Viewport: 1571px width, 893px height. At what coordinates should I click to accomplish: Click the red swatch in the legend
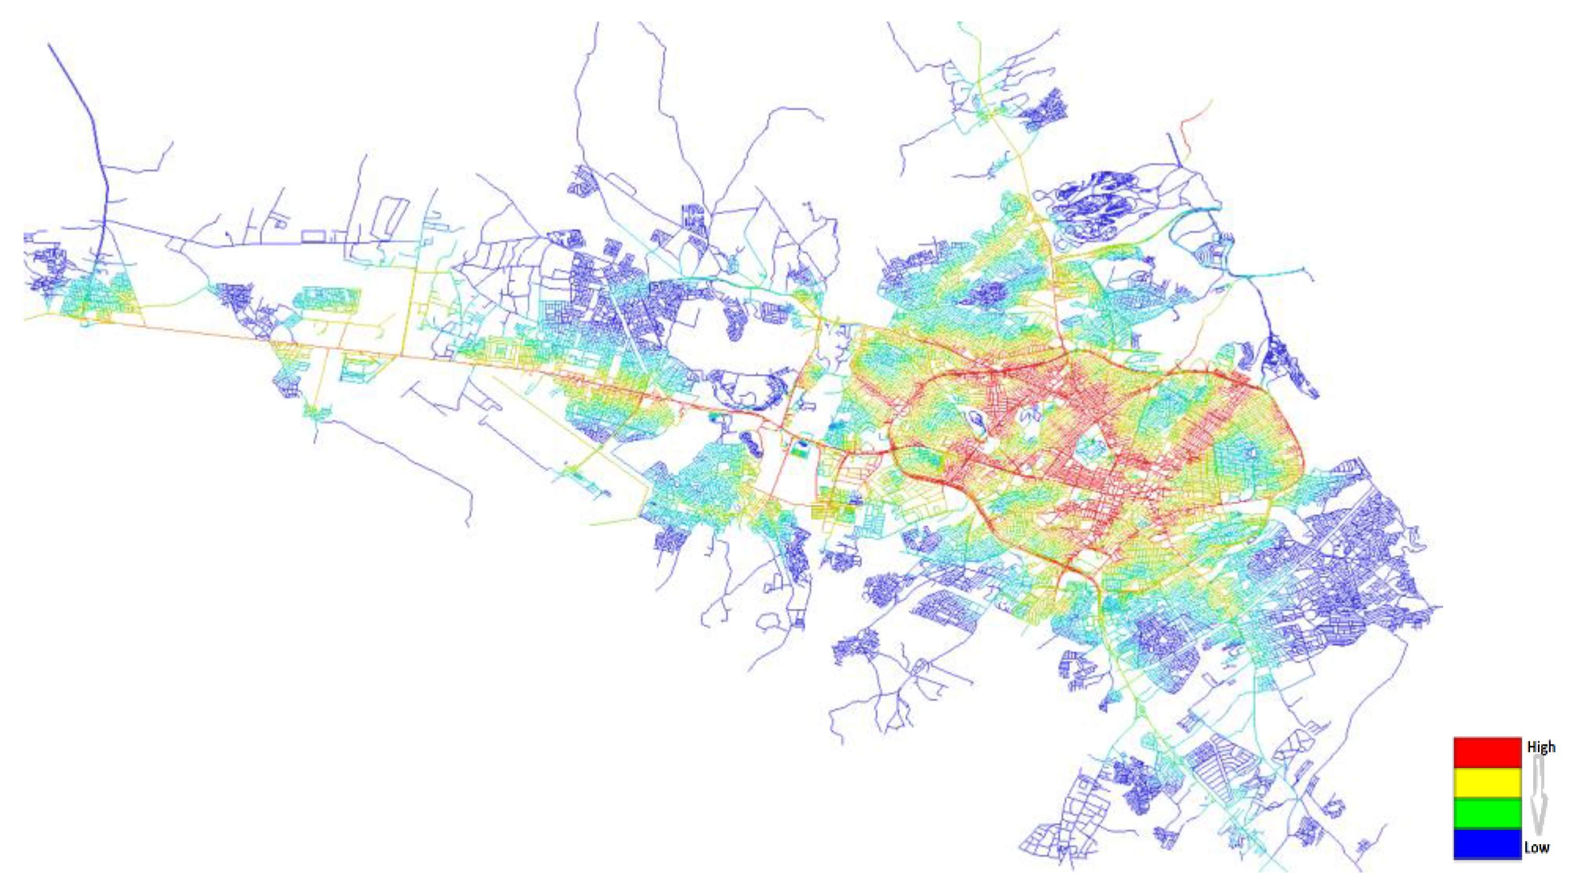click(1487, 752)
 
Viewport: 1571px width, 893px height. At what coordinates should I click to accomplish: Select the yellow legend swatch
click(1487, 783)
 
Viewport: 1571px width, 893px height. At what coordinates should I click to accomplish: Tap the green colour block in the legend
click(1487, 814)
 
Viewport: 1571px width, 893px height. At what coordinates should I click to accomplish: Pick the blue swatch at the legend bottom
click(1487, 845)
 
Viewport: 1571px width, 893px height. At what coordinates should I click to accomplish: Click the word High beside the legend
click(1541, 747)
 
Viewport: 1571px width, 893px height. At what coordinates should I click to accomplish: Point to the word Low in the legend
click(1537, 847)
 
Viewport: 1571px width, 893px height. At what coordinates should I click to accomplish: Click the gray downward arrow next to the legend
click(1540, 798)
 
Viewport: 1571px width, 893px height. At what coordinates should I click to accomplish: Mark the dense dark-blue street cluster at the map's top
click(1045, 110)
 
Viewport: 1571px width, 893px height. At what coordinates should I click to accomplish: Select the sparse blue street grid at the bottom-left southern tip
click(1048, 840)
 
